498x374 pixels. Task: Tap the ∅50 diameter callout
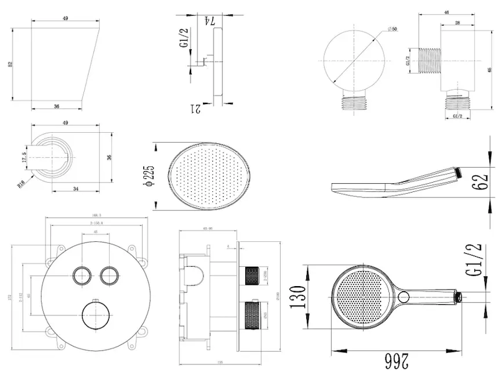pyautogui.click(x=393, y=29)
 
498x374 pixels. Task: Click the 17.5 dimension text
pyautogui.click(x=24, y=156)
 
